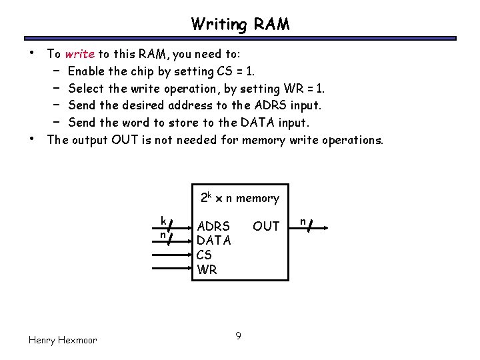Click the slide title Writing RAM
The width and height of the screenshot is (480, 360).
(x=240, y=25)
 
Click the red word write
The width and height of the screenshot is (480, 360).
(x=79, y=54)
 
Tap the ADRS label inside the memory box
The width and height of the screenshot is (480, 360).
(x=213, y=227)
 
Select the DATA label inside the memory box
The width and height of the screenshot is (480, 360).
(x=213, y=241)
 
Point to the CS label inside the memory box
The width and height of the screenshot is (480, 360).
(x=204, y=255)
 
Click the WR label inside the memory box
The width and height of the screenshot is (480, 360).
(x=207, y=270)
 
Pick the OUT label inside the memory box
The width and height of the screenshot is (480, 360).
(x=266, y=227)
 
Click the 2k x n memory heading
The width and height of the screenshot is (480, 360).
(x=240, y=198)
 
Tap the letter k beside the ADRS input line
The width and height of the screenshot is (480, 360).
(x=163, y=221)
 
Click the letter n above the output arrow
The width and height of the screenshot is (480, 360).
(x=302, y=220)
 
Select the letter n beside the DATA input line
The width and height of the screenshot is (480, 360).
(x=162, y=235)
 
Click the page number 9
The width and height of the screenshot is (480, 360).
(x=239, y=335)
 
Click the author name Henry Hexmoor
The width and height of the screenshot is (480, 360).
(x=63, y=340)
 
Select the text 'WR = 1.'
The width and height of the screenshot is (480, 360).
(x=305, y=89)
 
